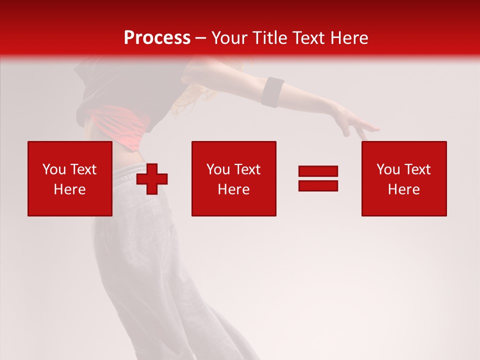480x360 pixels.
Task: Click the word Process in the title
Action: coord(157,38)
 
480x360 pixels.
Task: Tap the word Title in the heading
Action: coord(268,38)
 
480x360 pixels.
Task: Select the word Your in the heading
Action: coord(228,38)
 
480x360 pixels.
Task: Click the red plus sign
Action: coord(152,178)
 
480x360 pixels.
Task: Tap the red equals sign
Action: coord(318,178)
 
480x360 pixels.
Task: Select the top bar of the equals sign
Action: coord(318,171)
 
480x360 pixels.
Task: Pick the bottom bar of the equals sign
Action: coord(318,185)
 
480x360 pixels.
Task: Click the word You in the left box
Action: coord(53,169)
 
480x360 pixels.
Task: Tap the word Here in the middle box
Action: coord(233,189)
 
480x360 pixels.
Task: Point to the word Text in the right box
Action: coord(416,169)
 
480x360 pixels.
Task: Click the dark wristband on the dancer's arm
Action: coord(273,92)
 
